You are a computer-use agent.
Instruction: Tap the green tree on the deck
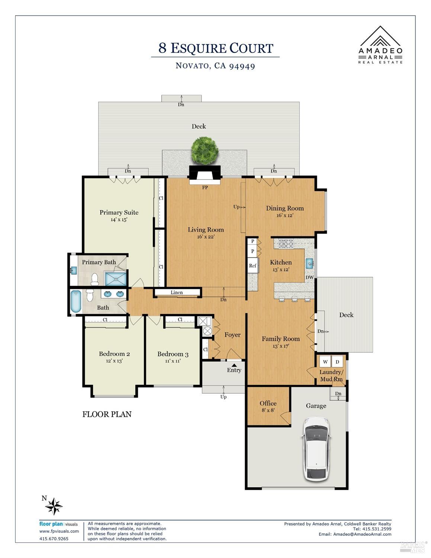tap(205, 150)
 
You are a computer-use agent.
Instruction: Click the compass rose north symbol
tap(54, 506)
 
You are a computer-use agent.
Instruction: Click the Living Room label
tap(206, 230)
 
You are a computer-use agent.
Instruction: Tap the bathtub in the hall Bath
tap(76, 302)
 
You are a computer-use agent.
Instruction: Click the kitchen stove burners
tap(286, 244)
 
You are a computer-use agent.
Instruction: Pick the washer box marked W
tap(325, 362)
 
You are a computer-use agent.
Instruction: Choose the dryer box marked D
tap(337, 362)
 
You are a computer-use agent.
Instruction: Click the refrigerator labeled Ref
tap(253, 266)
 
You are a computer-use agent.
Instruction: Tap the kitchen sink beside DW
tap(309, 264)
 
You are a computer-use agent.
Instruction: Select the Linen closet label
tap(177, 292)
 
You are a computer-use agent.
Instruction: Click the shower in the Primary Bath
tap(115, 278)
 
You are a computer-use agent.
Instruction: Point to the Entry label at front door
tap(234, 370)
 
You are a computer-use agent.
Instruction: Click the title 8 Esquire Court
tap(216, 48)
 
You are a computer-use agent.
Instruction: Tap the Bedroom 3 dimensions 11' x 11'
tap(173, 361)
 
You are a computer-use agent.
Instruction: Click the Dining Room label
tap(285, 208)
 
